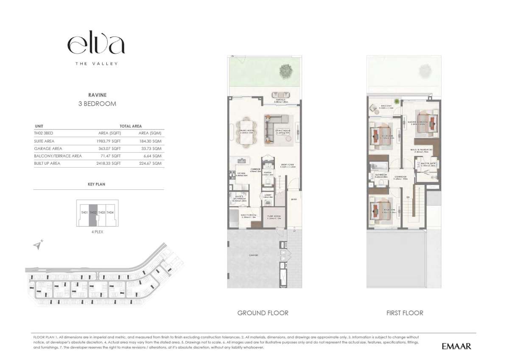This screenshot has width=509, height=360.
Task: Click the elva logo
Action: [x=96, y=44]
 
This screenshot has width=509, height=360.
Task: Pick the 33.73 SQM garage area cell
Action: [x=151, y=149]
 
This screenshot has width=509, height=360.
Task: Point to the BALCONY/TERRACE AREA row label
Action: [x=58, y=156]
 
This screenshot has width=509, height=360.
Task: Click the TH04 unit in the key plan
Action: [x=109, y=212]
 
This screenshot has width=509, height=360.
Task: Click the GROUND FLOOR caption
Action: [x=263, y=313]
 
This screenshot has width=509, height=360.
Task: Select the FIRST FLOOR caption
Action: [x=404, y=313]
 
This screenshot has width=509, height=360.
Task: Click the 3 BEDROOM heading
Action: [x=97, y=104]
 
